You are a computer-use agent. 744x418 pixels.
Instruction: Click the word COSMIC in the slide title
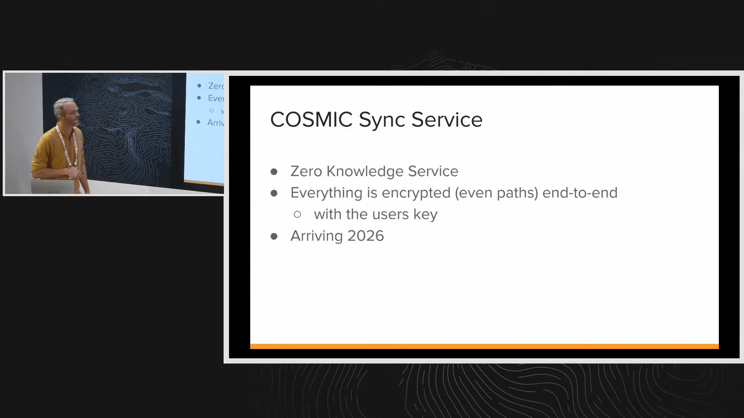click(x=311, y=120)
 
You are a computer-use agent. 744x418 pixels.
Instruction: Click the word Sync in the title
click(x=382, y=120)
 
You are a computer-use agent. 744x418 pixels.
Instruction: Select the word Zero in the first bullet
click(x=306, y=171)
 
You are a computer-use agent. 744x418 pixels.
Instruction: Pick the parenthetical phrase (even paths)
click(x=496, y=193)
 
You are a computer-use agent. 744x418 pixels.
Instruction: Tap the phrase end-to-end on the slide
click(x=580, y=193)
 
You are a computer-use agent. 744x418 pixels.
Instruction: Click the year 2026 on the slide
click(x=365, y=236)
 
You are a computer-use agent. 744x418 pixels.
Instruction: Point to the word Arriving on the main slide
click(x=317, y=236)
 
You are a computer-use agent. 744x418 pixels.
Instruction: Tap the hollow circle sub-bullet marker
click(x=297, y=214)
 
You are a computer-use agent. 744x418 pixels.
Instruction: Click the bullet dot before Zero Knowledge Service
click(x=274, y=171)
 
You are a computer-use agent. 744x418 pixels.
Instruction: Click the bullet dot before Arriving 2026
click(x=274, y=236)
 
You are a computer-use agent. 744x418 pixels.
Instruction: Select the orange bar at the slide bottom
click(x=484, y=346)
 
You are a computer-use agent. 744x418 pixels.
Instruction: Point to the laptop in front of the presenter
click(x=52, y=186)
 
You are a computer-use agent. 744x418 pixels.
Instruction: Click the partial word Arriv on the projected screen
click(x=215, y=123)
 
